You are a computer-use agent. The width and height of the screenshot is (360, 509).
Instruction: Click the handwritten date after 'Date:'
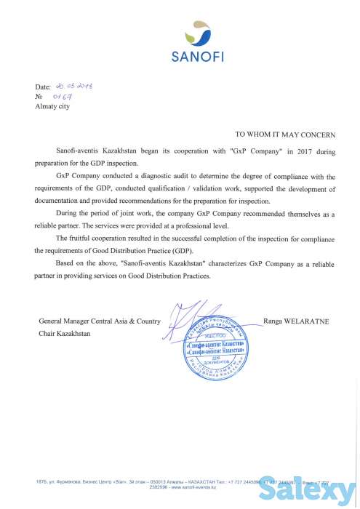click(x=77, y=86)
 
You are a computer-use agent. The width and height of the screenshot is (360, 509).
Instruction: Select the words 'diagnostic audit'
click(x=144, y=177)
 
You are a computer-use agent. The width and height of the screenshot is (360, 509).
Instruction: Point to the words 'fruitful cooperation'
click(x=99, y=238)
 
